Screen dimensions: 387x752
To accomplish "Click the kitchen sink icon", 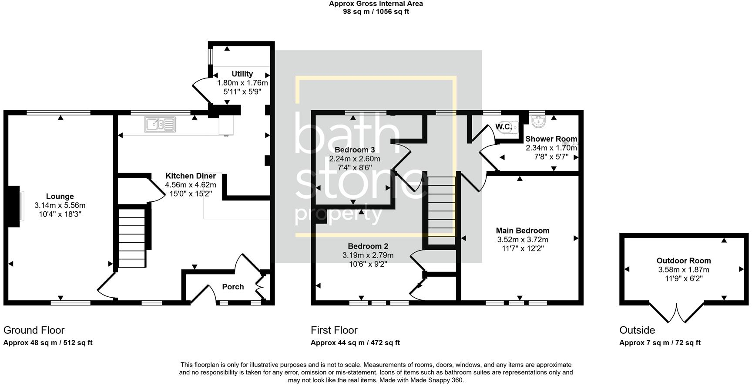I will click(x=160, y=125).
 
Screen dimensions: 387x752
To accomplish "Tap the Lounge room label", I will click(x=60, y=197).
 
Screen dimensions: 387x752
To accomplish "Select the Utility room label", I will click(x=242, y=74).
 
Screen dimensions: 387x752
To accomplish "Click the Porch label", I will click(x=233, y=287).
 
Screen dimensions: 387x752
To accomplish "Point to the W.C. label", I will click(x=503, y=127).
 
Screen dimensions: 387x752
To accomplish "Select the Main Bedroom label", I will click(x=523, y=231).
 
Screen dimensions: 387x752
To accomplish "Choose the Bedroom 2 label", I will click(x=368, y=246).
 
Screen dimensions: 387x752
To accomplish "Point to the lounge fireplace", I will click(x=14, y=206).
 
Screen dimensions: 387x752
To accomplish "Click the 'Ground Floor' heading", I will click(x=34, y=330).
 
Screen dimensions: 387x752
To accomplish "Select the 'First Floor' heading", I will click(x=334, y=330).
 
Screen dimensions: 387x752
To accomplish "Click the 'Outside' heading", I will click(x=637, y=330).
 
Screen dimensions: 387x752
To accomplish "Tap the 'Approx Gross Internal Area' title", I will click(x=376, y=4).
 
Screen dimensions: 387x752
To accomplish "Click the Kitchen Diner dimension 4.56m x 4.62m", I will click(x=191, y=185).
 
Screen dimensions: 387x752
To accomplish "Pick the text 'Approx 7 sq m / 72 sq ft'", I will click(x=660, y=343).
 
